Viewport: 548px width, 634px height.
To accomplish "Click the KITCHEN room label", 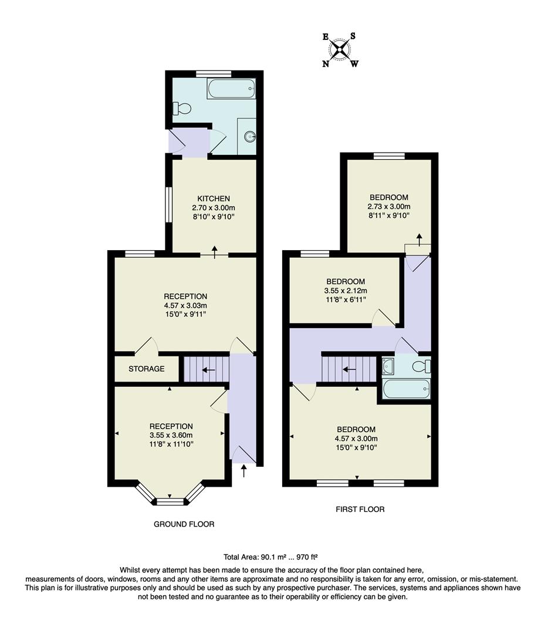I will (213, 198).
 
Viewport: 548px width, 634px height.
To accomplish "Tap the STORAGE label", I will (147, 369).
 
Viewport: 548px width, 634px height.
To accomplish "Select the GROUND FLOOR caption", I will (184, 524).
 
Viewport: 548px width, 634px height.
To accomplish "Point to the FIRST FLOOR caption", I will (360, 509).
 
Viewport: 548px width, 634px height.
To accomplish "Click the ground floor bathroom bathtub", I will (231, 89).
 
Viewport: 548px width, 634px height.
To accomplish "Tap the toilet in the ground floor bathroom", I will (181, 108).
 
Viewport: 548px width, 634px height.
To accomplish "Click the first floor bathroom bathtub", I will (405, 388).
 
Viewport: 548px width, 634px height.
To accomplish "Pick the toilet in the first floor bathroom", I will (421, 367).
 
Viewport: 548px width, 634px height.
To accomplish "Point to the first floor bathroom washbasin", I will (388, 367).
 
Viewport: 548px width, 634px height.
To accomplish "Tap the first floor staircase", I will (349, 369).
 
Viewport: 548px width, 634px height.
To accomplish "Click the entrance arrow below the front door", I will (244, 471).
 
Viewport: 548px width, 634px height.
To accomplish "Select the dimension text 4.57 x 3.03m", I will (185, 305).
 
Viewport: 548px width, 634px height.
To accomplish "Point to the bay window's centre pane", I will (170, 501).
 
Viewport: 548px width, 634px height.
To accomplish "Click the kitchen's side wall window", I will (168, 205).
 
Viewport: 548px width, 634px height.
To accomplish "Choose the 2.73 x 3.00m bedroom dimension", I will (388, 207).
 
